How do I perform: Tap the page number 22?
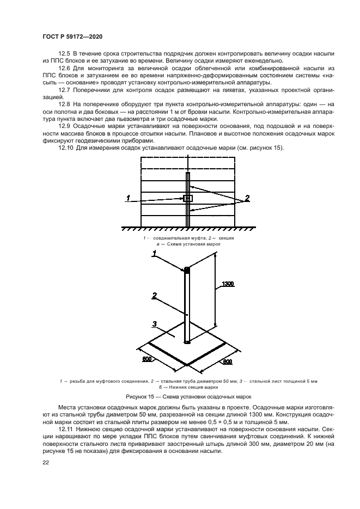(x=45, y=464)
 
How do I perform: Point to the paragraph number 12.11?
(x=65, y=430)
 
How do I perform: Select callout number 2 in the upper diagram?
(x=247, y=198)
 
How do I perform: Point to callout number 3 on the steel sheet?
(x=154, y=324)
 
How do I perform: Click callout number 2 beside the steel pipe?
(x=154, y=296)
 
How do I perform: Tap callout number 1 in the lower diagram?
(x=155, y=253)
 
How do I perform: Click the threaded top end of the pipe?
(x=187, y=270)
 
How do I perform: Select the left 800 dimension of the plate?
(x=147, y=360)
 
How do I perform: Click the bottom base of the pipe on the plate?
(x=187, y=341)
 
